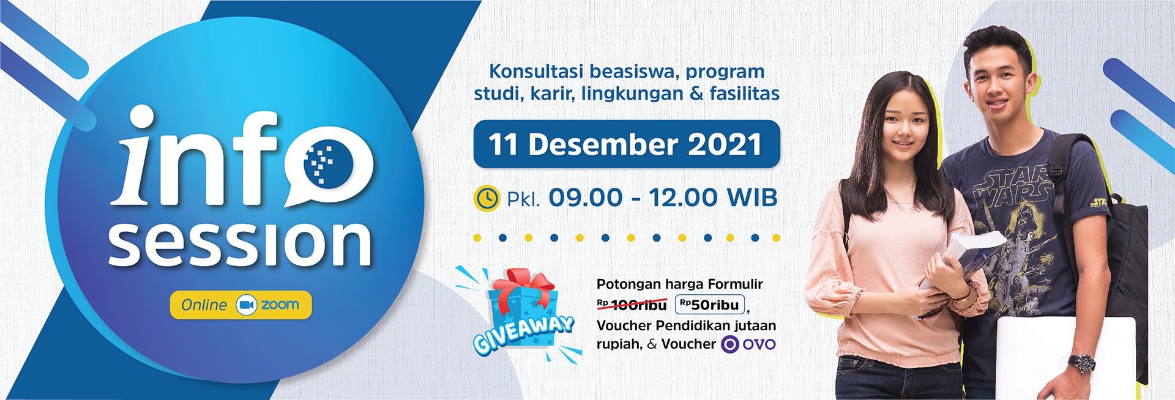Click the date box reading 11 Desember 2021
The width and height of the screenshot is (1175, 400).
click(x=627, y=144)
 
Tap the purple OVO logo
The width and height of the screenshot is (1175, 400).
click(x=748, y=344)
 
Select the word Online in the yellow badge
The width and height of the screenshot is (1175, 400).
click(x=204, y=305)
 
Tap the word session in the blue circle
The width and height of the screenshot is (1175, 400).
click(x=241, y=243)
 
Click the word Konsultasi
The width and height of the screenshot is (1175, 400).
click(x=535, y=71)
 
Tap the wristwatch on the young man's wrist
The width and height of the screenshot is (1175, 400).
click(x=1081, y=363)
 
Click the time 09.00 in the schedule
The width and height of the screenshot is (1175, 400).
click(x=585, y=198)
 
